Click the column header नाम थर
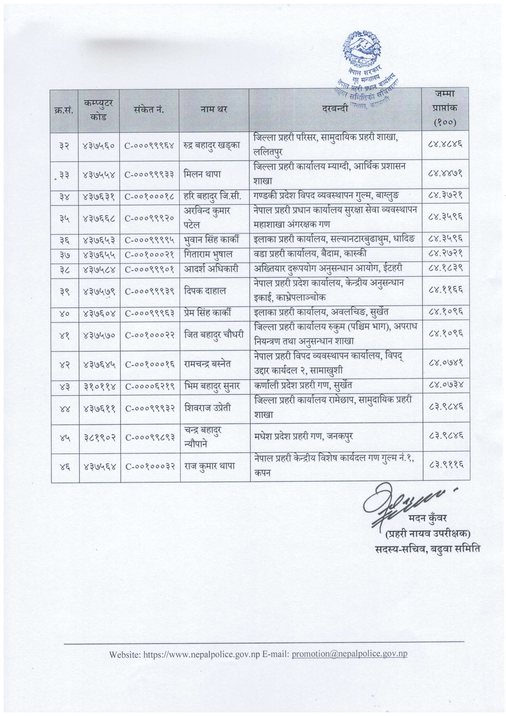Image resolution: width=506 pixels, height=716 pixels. pyautogui.click(x=213, y=109)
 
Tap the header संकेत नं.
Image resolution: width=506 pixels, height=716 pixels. pyautogui.click(x=149, y=109)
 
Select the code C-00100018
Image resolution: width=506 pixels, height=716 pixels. pyautogui.click(x=150, y=197)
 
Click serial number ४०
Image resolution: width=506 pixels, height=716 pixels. pyautogui.click(x=64, y=313)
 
